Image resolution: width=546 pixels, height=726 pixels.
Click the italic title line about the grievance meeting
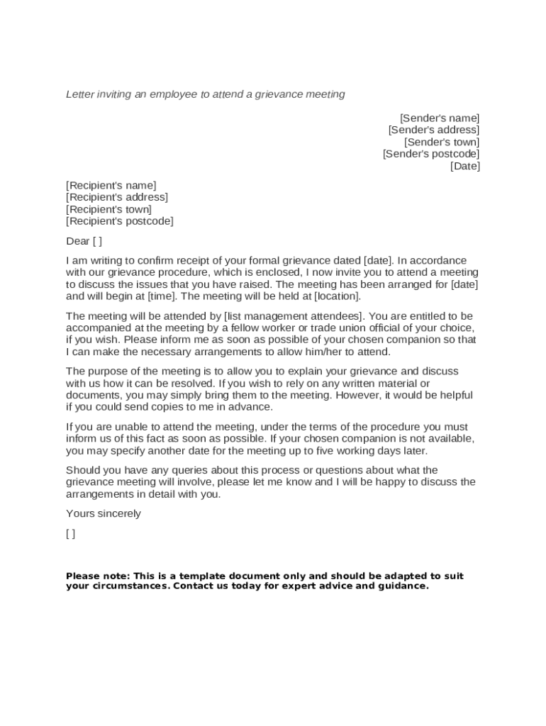[205, 94]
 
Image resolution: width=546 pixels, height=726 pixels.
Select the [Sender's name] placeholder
[439, 118]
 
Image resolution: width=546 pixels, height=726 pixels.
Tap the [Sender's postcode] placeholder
[431, 154]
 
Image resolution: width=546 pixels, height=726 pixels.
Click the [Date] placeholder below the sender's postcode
[465, 166]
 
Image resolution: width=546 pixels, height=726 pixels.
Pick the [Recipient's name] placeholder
[111, 186]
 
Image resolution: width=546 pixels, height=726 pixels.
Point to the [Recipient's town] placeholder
[108, 209]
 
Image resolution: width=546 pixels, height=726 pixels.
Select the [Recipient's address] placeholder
[117, 197]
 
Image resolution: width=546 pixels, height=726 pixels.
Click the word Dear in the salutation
[77, 241]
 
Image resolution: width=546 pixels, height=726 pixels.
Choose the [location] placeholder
[338, 296]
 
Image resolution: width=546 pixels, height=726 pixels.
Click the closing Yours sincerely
[104, 513]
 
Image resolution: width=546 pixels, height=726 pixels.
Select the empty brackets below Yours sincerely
[70, 534]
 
